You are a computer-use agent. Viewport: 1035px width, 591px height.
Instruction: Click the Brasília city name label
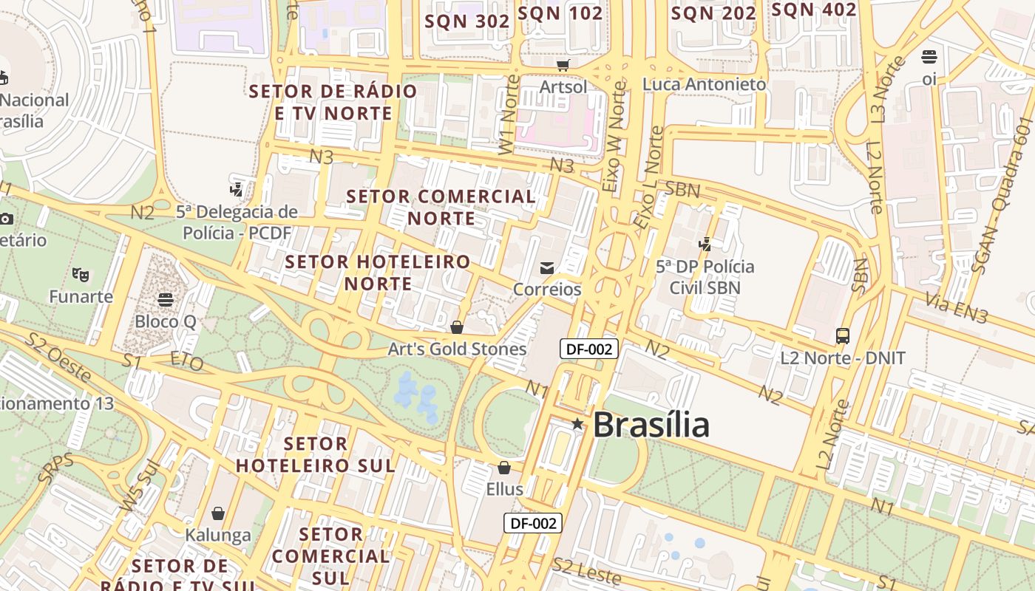click(x=651, y=425)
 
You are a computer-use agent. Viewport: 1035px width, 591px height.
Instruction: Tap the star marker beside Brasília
click(x=577, y=424)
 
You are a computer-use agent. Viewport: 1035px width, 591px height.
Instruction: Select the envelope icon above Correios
click(x=547, y=268)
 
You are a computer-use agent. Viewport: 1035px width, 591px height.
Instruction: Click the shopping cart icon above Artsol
click(x=563, y=66)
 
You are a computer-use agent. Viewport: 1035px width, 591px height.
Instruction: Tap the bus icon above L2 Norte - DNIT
click(x=842, y=336)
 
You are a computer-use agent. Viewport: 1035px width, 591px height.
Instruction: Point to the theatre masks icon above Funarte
click(x=81, y=275)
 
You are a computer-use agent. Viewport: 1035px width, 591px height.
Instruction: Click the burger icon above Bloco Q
click(x=166, y=300)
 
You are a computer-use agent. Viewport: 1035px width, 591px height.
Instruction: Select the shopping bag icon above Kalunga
click(x=218, y=513)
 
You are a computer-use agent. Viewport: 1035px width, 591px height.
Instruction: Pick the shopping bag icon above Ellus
click(x=504, y=468)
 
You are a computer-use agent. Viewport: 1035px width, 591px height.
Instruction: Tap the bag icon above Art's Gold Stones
click(x=457, y=327)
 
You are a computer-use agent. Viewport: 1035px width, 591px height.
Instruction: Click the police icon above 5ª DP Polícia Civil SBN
click(x=705, y=244)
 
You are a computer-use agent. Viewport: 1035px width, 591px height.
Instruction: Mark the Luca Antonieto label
click(x=704, y=84)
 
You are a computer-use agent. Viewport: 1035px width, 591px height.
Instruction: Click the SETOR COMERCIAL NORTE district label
click(x=441, y=207)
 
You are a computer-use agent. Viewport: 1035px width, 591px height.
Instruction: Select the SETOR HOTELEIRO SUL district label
click(x=316, y=454)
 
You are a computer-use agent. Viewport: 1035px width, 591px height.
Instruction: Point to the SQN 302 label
click(x=467, y=21)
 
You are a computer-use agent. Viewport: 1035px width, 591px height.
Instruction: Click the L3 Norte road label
click(x=887, y=89)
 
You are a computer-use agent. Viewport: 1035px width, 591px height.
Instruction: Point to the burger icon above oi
click(x=929, y=57)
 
